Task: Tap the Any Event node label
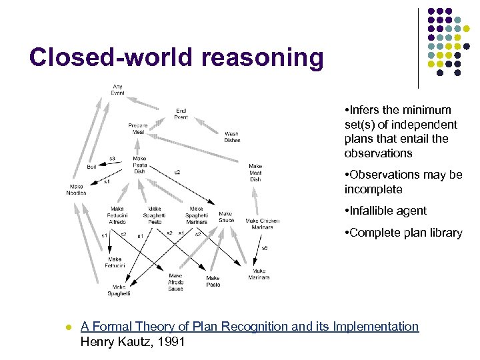[117, 89]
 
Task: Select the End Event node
[181, 114]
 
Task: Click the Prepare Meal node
[138, 129]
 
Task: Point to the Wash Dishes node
[232, 137]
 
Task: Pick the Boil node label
[91, 166]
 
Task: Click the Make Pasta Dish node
[139, 165]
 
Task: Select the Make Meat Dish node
[255, 173]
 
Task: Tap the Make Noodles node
[76, 189]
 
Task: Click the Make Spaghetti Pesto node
[155, 215]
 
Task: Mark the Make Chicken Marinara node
[262, 224]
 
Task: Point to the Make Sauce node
[225, 216]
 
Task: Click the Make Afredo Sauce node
[175, 282]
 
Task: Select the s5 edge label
[265, 248]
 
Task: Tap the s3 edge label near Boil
[112, 158]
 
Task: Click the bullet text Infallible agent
[385, 211]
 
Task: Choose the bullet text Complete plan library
[403, 233]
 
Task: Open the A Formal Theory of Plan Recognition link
[249, 327]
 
